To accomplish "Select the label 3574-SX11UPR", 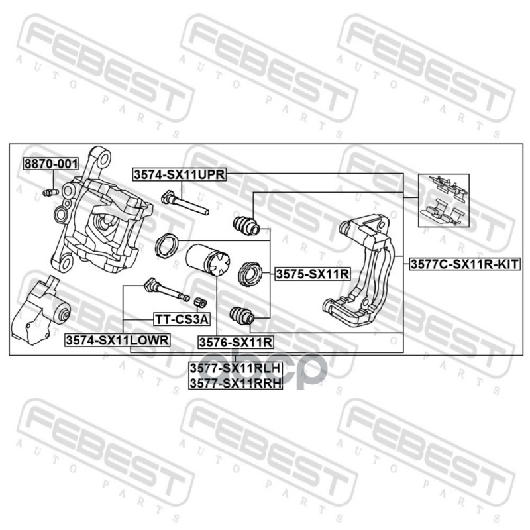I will [x=180, y=174].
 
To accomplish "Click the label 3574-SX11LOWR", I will [x=117, y=339].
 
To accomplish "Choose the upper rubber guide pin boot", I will [x=244, y=225].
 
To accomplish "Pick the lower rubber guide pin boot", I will [x=241, y=316].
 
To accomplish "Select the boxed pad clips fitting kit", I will [x=443, y=199].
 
